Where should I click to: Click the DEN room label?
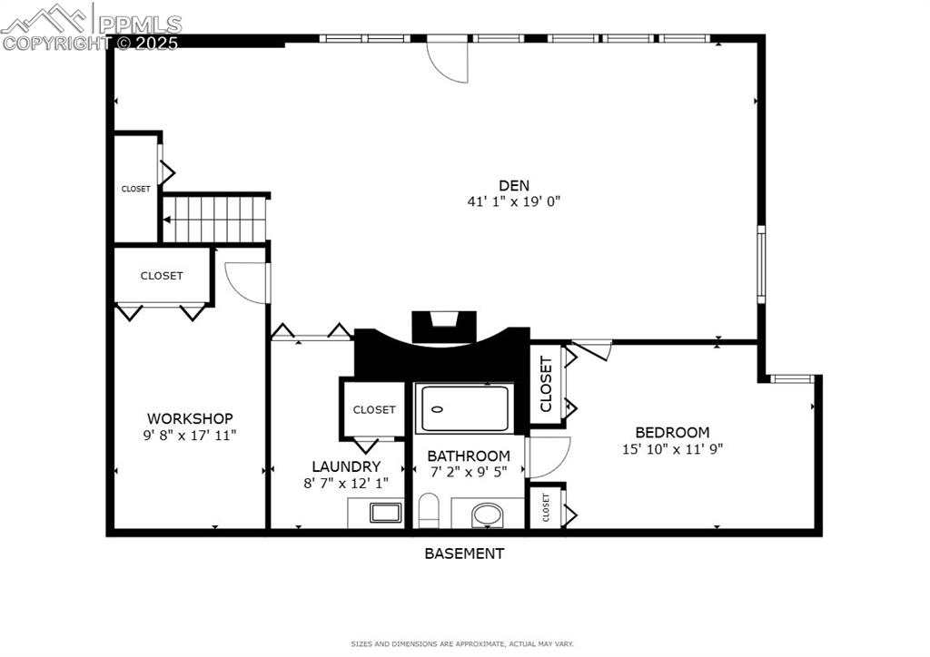[x=513, y=185]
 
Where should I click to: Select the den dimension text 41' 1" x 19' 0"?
[x=513, y=201]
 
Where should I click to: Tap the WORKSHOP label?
[x=190, y=418]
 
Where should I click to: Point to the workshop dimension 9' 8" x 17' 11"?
[x=190, y=435]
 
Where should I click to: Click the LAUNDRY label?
[x=345, y=466]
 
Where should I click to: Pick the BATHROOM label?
[x=469, y=456]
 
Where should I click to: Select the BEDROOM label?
[x=672, y=433]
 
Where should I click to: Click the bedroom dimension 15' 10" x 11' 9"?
[x=672, y=448]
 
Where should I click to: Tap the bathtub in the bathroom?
[x=464, y=408]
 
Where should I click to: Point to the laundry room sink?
[x=386, y=513]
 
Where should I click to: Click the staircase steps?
[x=215, y=220]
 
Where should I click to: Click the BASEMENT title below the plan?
[x=464, y=553]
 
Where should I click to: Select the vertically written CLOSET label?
[x=546, y=385]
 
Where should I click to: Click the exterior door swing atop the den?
[x=450, y=60]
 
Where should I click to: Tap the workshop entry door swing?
[x=246, y=281]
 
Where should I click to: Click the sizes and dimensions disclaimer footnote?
[x=463, y=643]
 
